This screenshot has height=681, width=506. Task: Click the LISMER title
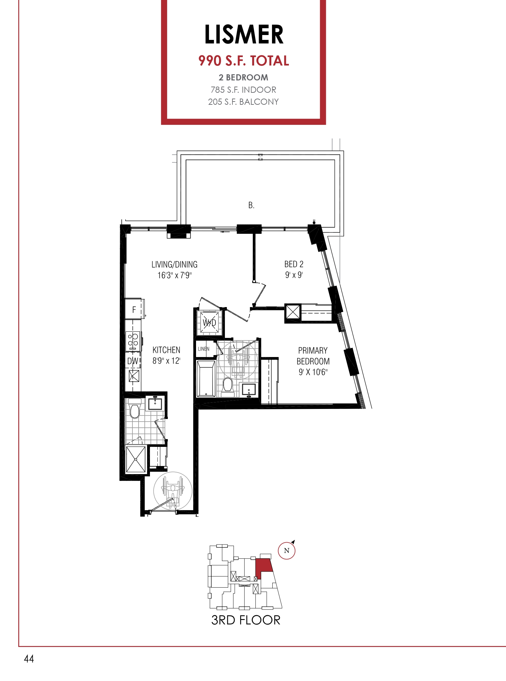click(244, 34)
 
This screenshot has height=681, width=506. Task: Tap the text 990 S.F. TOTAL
click(243, 61)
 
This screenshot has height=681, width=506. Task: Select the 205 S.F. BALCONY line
click(243, 102)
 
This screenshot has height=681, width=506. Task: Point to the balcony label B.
click(251, 205)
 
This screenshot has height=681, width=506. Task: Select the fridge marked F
click(134, 309)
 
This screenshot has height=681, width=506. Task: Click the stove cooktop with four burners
click(133, 341)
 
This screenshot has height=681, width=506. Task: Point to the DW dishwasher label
click(133, 361)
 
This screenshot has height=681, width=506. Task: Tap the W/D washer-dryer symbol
click(209, 322)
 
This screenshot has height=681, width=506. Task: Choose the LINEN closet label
click(204, 349)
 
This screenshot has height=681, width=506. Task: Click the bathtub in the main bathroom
click(206, 378)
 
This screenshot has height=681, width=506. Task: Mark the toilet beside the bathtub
click(228, 387)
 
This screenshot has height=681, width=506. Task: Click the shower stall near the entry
click(136, 460)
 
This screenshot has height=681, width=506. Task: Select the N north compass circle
click(287, 551)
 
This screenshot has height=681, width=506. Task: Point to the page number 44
click(29, 659)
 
